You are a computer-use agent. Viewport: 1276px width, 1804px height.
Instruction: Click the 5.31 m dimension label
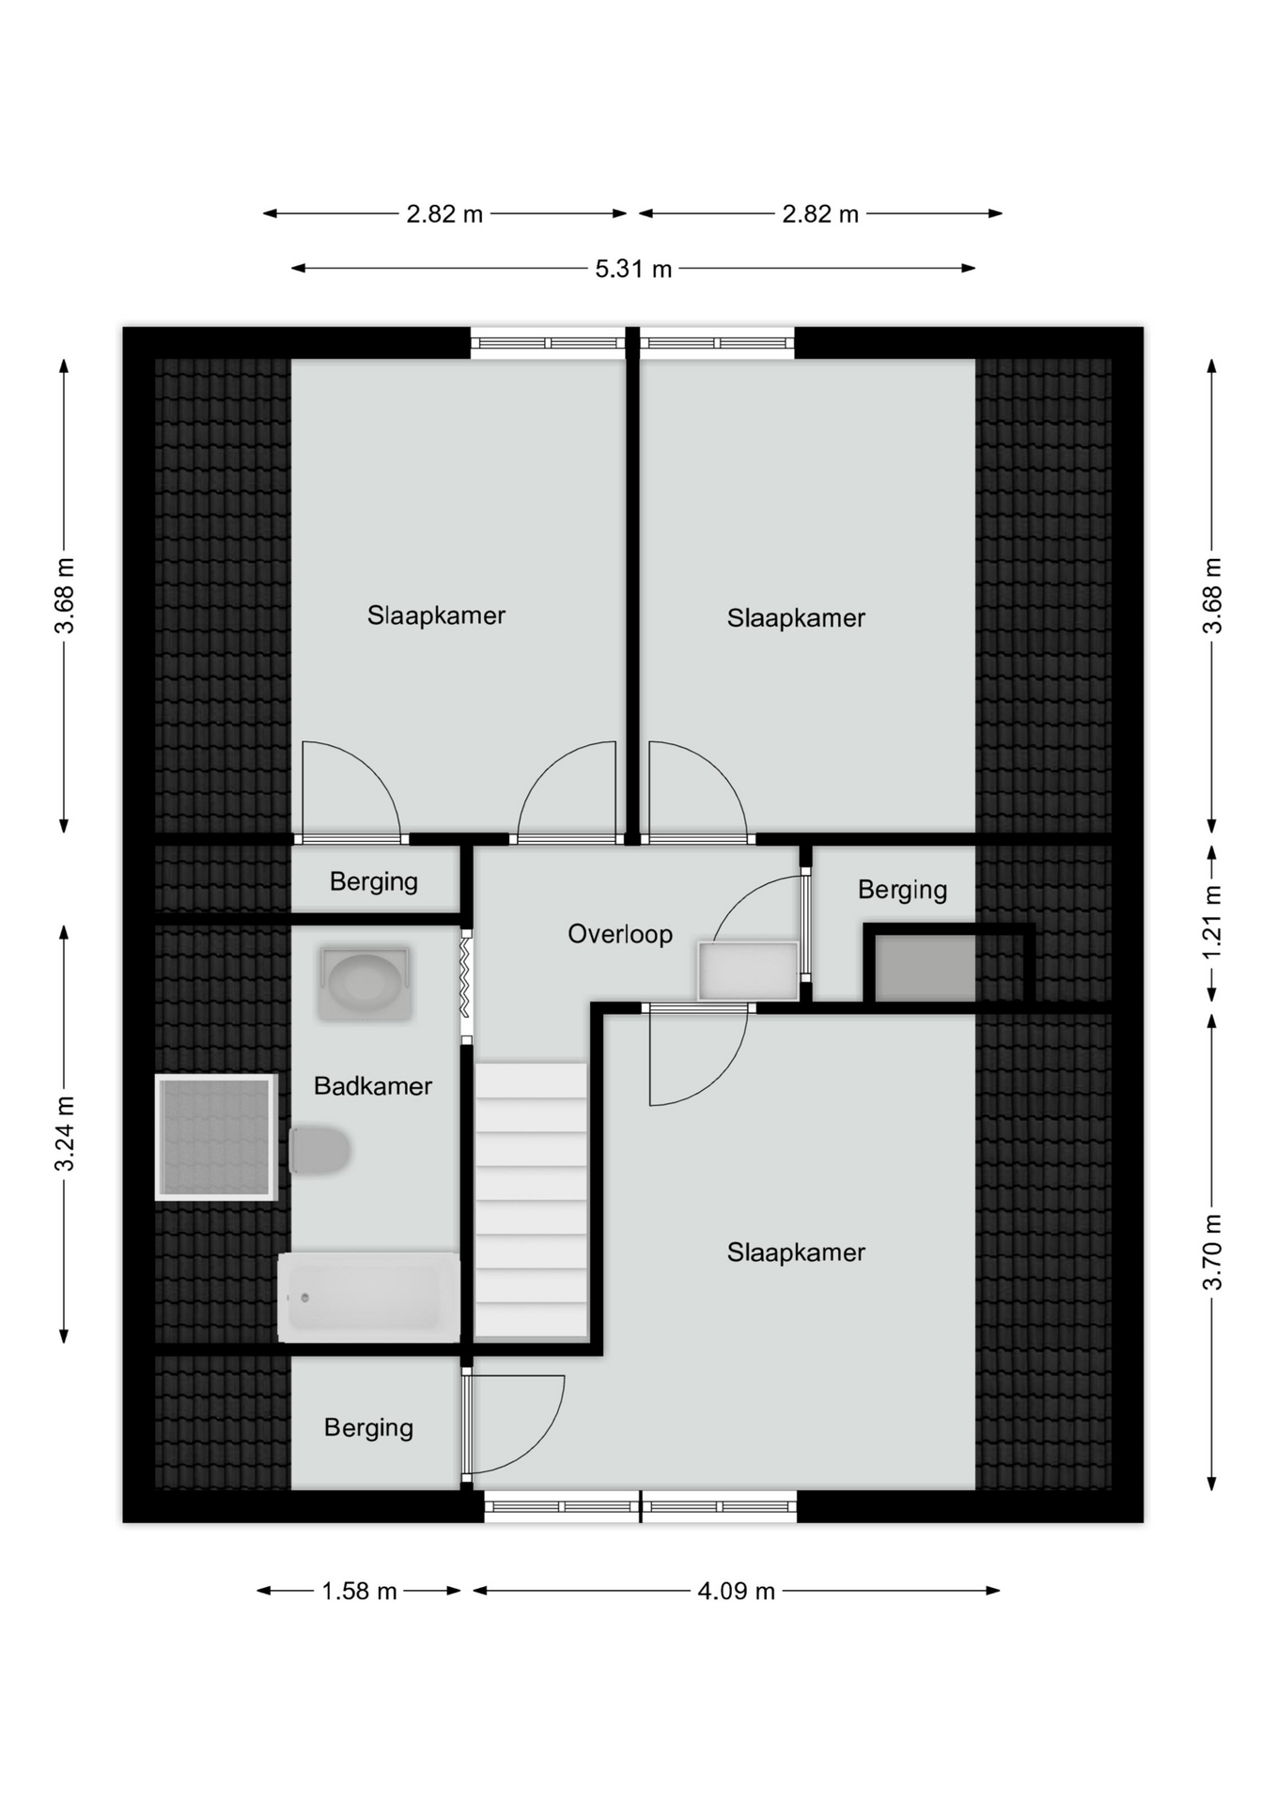633,270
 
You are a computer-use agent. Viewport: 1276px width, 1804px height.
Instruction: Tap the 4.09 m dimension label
736,1591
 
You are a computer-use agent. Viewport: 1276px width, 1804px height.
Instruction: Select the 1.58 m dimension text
359,1591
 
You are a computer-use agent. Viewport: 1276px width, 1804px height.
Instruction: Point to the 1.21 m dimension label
1213,923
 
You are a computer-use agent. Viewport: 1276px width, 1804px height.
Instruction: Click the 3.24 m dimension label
65,1133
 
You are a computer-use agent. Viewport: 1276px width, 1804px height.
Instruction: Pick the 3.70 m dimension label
1213,1252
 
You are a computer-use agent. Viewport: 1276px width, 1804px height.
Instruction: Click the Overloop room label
620,934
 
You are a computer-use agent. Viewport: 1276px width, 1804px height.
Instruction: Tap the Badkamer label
373,1086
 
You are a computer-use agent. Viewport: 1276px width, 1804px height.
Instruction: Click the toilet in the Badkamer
320,1150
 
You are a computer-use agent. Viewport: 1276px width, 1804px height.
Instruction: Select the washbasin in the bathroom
365,984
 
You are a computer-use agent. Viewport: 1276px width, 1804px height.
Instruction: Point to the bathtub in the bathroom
369,1297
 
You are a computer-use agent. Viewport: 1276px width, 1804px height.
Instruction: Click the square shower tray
216,1137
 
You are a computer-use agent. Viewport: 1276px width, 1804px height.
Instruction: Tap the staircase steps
531,1200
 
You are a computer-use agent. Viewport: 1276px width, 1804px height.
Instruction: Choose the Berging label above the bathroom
374,881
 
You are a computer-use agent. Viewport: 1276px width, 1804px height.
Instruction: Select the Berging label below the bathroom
369,1428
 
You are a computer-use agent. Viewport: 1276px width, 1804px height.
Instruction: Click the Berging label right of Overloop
902,890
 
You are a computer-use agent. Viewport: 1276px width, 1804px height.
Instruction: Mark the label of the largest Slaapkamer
796,1252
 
